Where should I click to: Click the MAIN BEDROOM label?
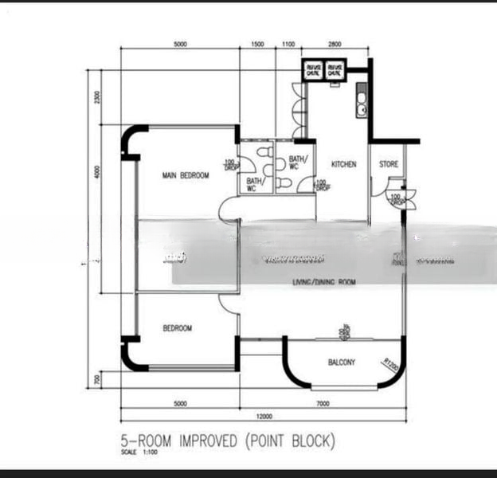[186, 175]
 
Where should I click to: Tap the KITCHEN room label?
[344, 165]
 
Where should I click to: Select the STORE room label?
[389, 165]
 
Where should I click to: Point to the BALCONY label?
[342, 362]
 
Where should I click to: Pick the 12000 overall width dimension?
[264, 417]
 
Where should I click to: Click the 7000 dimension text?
[323, 404]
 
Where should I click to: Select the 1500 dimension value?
[257, 45]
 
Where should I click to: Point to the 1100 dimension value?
[288, 45]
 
